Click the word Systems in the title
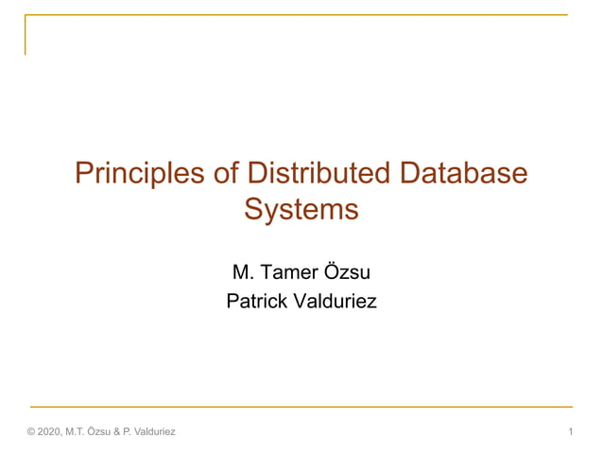(x=301, y=208)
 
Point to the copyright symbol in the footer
(x=31, y=432)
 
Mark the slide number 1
(x=572, y=432)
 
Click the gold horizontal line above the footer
(x=301, y=407)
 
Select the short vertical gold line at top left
(x=26, y=35)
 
